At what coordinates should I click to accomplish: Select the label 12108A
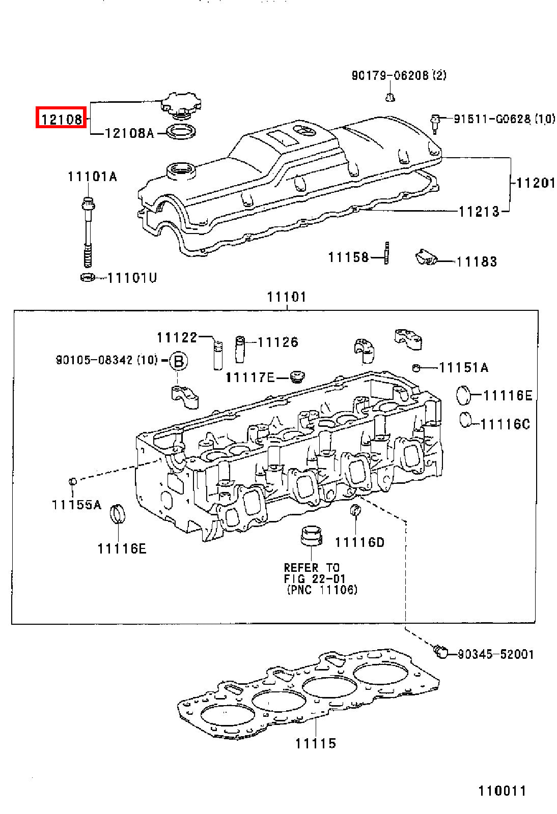(x=129, y=133)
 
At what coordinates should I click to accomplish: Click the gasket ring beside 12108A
(x=181, y=131)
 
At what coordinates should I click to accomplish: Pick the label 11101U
(x=132, y=278)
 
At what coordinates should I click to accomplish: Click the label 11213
(x=479, y=211)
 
